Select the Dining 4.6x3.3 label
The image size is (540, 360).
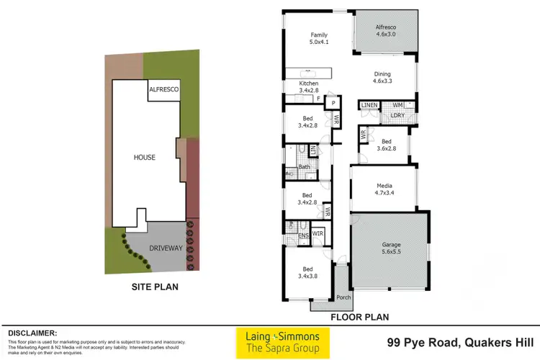[x=382, y=77]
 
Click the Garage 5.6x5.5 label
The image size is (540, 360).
[x=391, y=248]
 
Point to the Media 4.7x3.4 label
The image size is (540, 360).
[x=382, y=188]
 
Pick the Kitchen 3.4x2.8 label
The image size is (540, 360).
[x=308, y=87]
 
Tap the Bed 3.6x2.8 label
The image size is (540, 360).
[x=387, y=145]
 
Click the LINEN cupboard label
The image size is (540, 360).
[x=369, y=106]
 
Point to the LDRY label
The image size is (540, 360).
[x=397, y=115]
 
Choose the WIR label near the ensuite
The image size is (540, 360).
[x=318, y=233]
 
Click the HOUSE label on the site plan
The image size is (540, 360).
[x=145, y=156]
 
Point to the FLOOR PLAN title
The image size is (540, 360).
[x=360, y=316]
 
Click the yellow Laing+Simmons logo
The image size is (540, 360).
[x=283, y=343]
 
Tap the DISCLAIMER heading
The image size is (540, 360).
[x=32, y=333]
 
